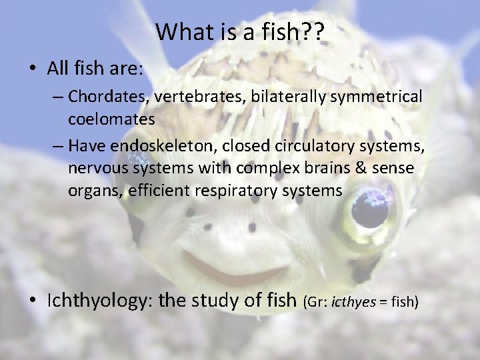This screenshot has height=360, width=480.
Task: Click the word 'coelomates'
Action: click(x=111, y=119)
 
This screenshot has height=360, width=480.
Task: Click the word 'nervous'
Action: click(x=93, y=168)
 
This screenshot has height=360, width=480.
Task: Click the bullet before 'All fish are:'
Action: click(x=32, y=69)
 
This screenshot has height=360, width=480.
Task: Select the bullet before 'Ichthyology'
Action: click(x=32, y=301)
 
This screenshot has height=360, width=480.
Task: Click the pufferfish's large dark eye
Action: click(x=367, y=211)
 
